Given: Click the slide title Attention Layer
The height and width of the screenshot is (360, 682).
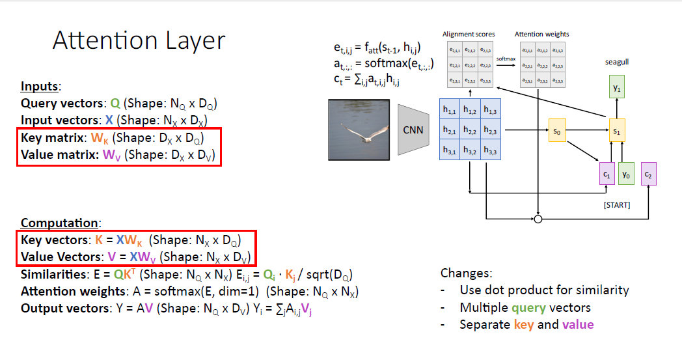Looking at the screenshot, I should [x=139, y=41].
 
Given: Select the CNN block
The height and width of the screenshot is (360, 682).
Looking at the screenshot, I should [x=413, y=130].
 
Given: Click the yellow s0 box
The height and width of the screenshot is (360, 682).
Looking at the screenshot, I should [x=557, y=130].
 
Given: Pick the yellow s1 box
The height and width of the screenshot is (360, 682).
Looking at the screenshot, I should [x=617, y=130].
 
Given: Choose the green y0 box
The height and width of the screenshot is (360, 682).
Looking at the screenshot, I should [x=626, y=174].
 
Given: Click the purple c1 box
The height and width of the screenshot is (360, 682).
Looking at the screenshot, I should [x=607, y=174].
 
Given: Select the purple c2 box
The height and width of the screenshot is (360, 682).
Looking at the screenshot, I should [x=649, y=174].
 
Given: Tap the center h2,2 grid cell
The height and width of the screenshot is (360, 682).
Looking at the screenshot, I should [x=469, y=130].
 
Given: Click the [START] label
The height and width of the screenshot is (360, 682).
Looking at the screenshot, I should [x=616, y=205].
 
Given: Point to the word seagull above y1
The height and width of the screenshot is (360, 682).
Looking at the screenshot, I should [x=616, y=62].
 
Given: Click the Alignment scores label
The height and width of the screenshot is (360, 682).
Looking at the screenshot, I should [x=469, y=34].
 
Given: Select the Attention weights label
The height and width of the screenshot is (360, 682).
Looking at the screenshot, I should [x=541, y=34].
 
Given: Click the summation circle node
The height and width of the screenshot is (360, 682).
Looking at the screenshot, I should [x=538, y=219].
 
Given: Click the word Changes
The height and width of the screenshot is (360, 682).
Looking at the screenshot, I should [x=466, y=273].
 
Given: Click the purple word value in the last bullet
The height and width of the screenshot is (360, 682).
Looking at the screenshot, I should [x=578, y=324].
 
